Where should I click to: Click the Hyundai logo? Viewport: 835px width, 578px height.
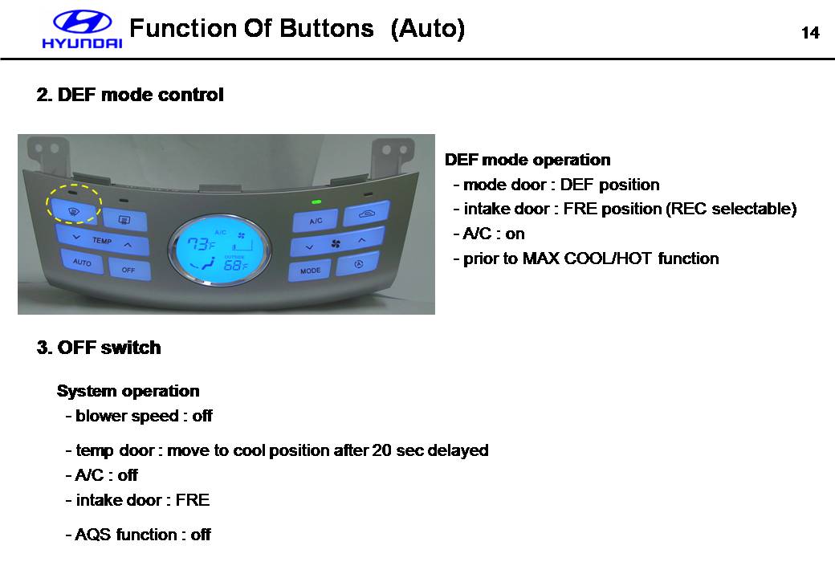pos(82,29)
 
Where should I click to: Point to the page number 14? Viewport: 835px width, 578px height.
pos(810,33)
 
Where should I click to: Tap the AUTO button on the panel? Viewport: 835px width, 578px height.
pos(81,262)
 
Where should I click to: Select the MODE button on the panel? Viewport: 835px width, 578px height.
pos(311,271)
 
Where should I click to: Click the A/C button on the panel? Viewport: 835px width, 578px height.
pos(316,220)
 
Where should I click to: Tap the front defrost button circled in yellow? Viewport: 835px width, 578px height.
pos(74,211)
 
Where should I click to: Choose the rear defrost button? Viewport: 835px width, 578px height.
pos(124,219)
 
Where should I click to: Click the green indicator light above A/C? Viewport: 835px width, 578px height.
pos(316,202)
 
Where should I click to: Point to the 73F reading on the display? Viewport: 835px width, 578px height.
pos(201,244)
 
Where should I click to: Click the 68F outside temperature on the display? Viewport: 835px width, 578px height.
pos(235,265)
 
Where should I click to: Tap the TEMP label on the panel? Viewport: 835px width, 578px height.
pos(102,241)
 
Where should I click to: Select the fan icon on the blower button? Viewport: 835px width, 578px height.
pos(336,244)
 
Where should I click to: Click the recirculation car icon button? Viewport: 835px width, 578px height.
pos(366,214)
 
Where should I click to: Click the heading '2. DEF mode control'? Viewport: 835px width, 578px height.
pos(130,95)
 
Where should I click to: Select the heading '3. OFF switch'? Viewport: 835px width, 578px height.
pos(99,348)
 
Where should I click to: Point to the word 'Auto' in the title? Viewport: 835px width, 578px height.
pos(428,28)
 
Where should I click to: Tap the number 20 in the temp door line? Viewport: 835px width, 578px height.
pos(382,450)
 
